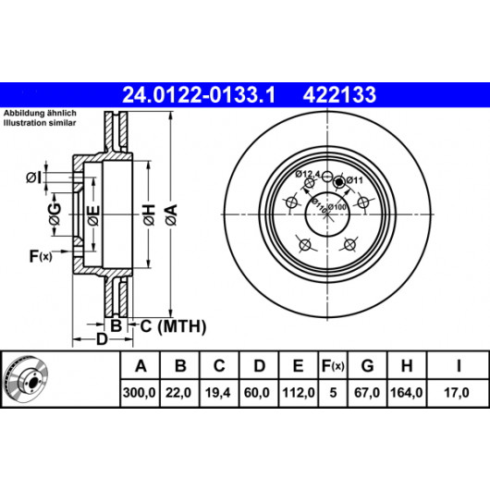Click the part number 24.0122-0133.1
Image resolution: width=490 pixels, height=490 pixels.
click(x=199, y=94)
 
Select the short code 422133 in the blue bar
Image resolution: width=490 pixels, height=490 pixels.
click(x=339, y=94)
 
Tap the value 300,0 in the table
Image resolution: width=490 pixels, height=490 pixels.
click(x=140, y=393)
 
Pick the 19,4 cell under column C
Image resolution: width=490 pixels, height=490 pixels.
click(x=218, y=393)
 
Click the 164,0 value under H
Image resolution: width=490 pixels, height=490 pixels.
click(x=407, y=393)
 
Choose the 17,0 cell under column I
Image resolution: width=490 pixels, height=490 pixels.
click(x=457, y=393)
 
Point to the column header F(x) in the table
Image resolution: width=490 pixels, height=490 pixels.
click(x=333, y=365)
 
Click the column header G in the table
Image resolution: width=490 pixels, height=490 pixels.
click(x=367, y=365)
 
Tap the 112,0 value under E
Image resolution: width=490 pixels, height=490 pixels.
click(x=299, y=393)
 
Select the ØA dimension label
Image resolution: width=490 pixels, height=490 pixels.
click(x=172, y=214)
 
